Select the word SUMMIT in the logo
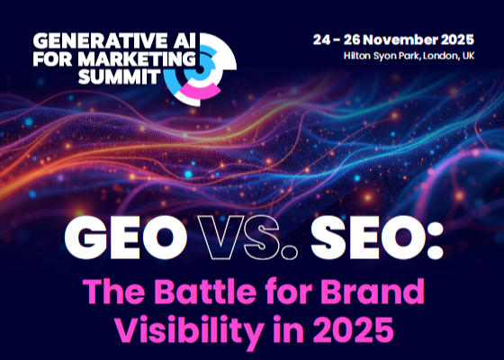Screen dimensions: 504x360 click(x=119, y=76)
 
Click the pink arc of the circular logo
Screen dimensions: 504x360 click(x=200, y=90)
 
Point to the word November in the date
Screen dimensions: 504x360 click(x=401, y=40)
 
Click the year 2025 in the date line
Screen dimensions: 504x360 click(x=457, y=40)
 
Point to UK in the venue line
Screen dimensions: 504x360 click(x=468, y=56)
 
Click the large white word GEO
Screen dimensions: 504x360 click(x=126, y=238)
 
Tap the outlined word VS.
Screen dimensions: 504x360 click(x=247, y=238)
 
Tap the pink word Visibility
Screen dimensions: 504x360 click(x=190, y=330)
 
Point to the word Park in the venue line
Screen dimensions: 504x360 click(x=409, y=56)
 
